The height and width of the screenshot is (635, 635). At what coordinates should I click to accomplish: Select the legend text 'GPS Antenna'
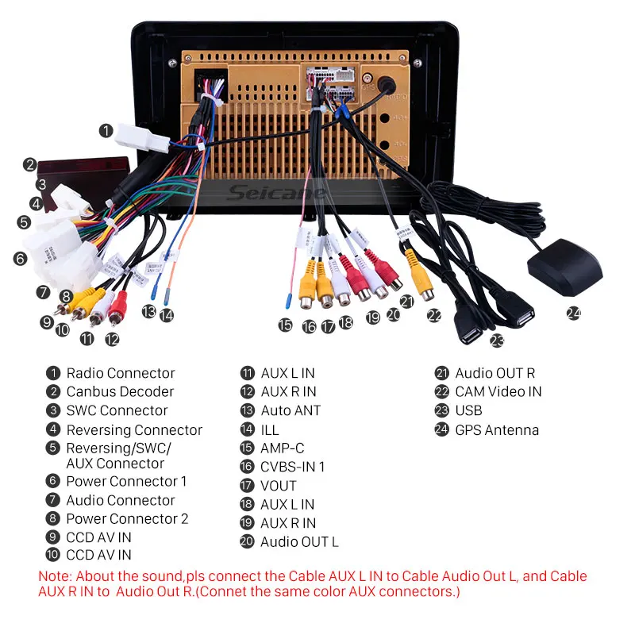click(x=497, y=430)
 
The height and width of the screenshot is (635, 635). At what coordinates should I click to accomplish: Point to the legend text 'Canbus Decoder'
click(x=120, y=391)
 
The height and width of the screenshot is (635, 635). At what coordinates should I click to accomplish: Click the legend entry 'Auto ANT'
click(x=291, y=410)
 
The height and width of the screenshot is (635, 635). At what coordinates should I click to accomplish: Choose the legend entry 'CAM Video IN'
click(x=498, y=391)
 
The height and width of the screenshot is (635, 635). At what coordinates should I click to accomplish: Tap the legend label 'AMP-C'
click(x=282, y=448)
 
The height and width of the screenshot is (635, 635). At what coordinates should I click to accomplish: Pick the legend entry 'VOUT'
click(x=279, y=485)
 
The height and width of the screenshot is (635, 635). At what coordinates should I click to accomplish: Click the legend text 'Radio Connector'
click(x=121, y=373)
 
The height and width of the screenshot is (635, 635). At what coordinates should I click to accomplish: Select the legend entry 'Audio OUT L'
click(x=299, y=542)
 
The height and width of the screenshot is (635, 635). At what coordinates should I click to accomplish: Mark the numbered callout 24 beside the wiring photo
click(x=574, y=313)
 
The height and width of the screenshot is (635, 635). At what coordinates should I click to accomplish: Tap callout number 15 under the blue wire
click(x=285, y=324)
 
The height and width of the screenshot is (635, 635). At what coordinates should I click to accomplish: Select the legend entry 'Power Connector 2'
click(x=127, y=519)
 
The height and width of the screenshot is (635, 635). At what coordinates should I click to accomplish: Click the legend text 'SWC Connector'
click(x=117, y=410)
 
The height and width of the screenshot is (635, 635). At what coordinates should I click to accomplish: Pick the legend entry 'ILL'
click(x=270, y=429)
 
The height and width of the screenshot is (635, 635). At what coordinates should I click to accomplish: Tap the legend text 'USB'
click(x=468, y=410)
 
